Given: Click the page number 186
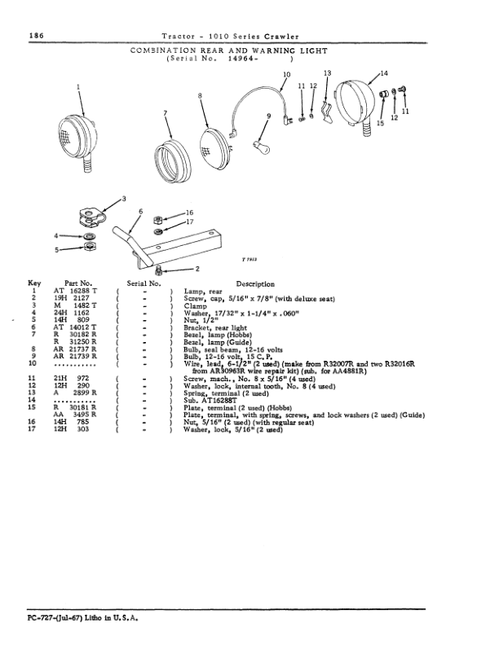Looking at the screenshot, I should (x=35, y=36).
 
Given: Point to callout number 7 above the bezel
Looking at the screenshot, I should (x=166, y=112).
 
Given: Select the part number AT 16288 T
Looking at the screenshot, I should (x=76, y=290).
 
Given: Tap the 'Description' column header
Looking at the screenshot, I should (x=254, y=283).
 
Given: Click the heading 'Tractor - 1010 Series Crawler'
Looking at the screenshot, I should (x=229, y=36).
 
